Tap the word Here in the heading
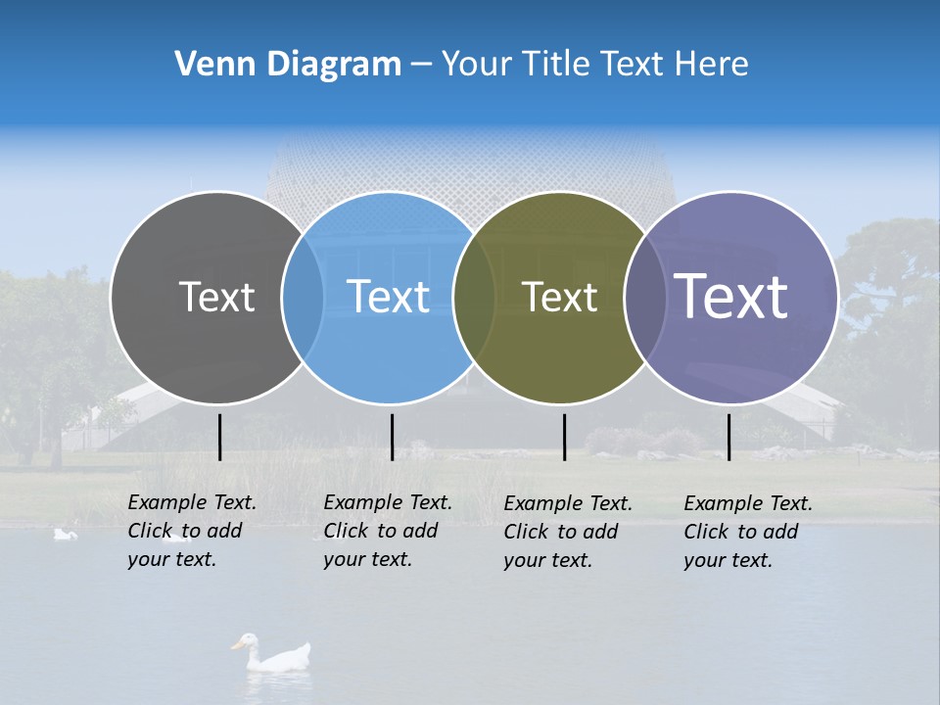[714, 65]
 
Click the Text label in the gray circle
[216, 297]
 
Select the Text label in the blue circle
[389, 297]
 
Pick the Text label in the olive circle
[559, 297]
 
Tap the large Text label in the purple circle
[731, 297]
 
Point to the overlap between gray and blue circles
[303, 297]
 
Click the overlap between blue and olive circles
[474, 297]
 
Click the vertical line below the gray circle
[219, 437]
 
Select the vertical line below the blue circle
[392, 437]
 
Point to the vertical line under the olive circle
[564, 437]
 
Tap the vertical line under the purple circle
[728, 437]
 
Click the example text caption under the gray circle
[191, 531]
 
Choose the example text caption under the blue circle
[387, 531]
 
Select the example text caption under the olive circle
[567, 532]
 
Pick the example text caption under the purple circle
[747, 532]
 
